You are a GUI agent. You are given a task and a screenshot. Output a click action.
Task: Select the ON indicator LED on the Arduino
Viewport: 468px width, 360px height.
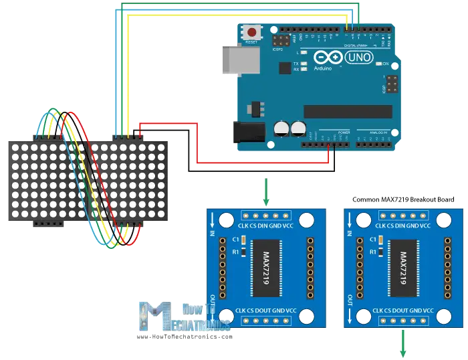(x=378, y=64)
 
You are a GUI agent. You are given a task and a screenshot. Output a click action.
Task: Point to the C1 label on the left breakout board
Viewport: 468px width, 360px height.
(x=235, y=239)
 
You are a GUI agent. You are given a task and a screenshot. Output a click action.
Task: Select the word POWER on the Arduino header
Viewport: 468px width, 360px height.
(x=342, y=133)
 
